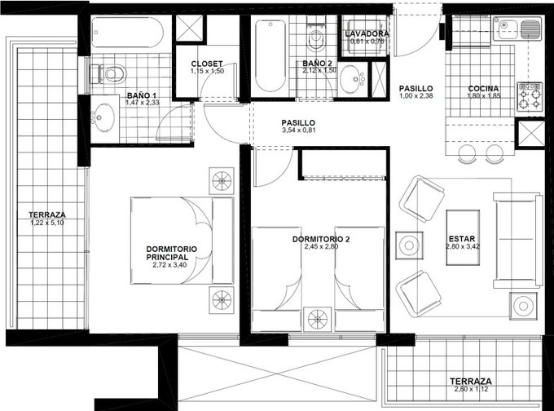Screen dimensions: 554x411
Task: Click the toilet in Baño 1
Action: click(x=108, y=73)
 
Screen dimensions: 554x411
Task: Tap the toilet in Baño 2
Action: click(x=315, y=37)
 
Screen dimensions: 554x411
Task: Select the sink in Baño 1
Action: click(x=104, y=117)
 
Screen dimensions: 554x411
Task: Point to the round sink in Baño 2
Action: click(x=353, y=79)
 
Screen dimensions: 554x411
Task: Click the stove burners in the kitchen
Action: click(x=530, y=96)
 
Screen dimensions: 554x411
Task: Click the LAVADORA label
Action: click(x=367, y=34)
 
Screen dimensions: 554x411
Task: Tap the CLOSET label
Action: click(x=207, y=64)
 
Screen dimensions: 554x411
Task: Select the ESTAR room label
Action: click(x=462, y=238)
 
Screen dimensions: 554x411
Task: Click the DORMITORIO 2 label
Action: click(x=321, y=239)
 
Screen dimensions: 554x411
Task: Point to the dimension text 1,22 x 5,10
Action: click(x=47, y=223)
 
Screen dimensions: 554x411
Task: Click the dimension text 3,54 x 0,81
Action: click(x=298, y=130)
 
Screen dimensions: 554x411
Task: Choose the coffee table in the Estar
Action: click(x=463, y=237)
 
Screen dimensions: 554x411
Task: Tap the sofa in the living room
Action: click(x=517, y=241)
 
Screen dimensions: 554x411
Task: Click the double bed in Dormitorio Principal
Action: click(x=182, y=241)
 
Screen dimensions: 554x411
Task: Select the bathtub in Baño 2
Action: click(x=270, y=55)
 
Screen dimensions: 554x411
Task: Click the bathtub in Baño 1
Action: click(x=127, y=33)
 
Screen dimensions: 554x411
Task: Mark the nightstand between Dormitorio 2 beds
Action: click(x=318, y=319)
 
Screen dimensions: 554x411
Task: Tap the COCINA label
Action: click(x=483, y=88)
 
